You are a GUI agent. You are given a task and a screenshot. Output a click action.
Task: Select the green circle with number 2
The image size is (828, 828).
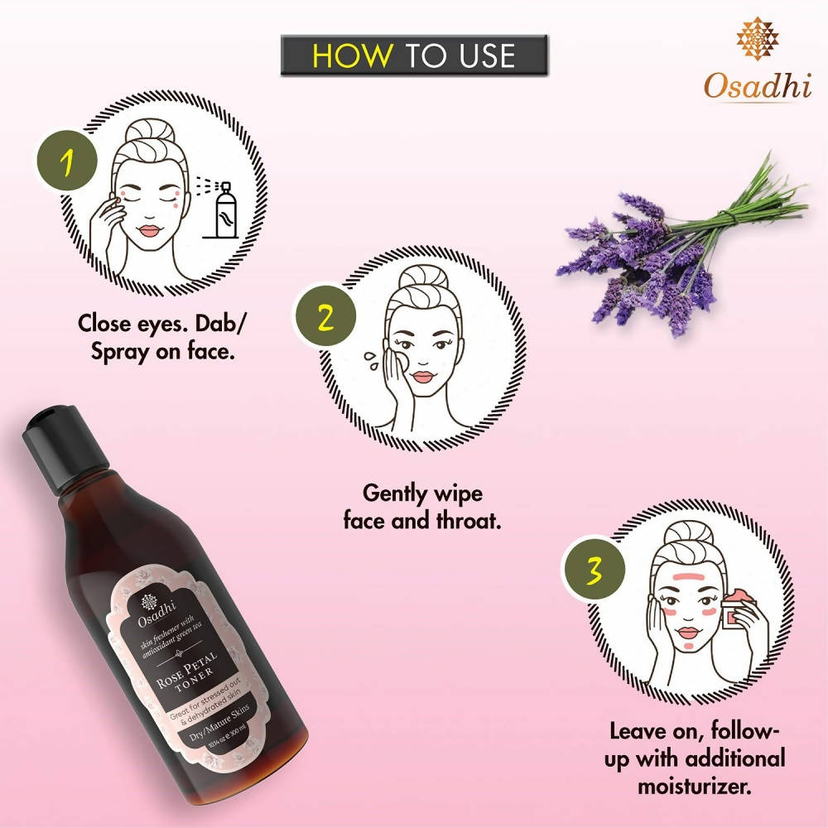click(326, 316)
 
